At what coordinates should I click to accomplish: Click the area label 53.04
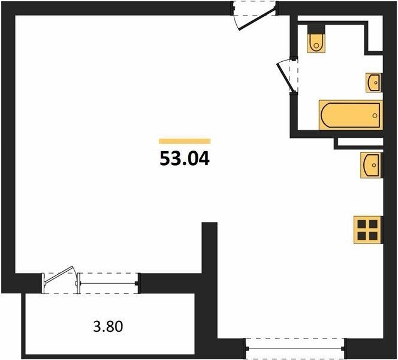coord(185,158)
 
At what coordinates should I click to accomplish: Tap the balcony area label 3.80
coord(108,326)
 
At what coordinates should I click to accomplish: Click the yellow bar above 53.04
coord(185,141)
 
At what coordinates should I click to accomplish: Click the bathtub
coord(351,115)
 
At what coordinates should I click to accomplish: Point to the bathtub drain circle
coord(375,116)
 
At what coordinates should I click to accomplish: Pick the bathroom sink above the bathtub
coord(373,82)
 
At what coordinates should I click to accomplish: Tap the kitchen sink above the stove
coord(372,165)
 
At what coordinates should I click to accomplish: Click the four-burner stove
coord(368,230)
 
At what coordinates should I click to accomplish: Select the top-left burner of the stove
coord(361,224)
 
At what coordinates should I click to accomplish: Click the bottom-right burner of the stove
coord(373,236)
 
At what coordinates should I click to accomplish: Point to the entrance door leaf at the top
coord(257,19)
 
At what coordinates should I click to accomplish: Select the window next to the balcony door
coord(108,283)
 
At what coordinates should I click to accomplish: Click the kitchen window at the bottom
coord(295,349)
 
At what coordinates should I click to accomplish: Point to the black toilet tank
coord(316,29)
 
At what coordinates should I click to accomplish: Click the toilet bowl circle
coord(316,46)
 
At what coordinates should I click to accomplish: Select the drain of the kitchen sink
coord(374,165)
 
